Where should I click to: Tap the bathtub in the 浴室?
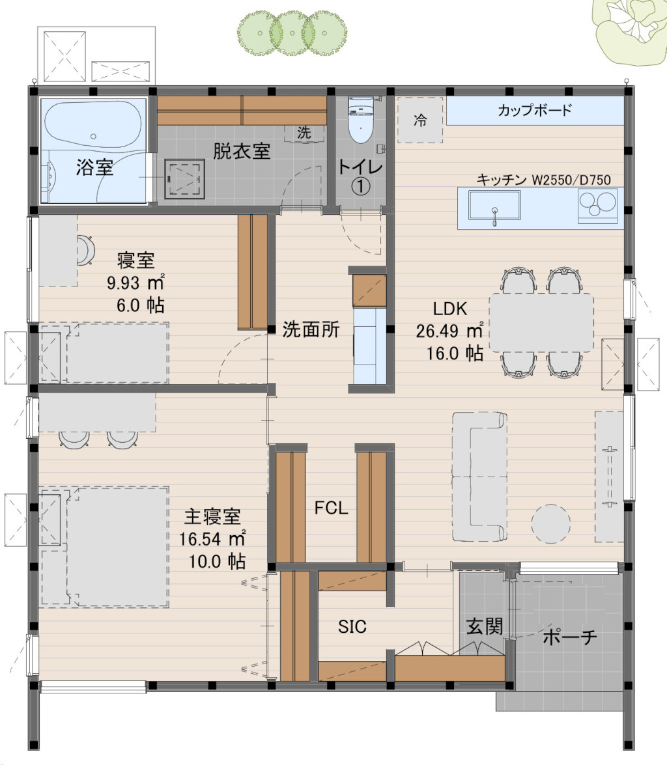(93, 124)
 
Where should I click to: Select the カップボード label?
(535, 110)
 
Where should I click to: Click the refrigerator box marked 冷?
(420, 120)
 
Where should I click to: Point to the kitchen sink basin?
(494, 206)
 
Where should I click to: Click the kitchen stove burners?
(597, 205)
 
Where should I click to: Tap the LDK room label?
(449, 309)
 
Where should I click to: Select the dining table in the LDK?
(541, 322)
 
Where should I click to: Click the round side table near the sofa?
(550, 524)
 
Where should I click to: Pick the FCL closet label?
(331, 508)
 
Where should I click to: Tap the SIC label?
(352, 626)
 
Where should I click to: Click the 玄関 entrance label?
(484, 626)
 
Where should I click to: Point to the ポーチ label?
(570, 637)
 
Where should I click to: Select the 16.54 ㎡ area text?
(212, 539)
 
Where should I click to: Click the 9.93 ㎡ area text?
(135, 283)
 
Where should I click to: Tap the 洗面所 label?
(311, 330)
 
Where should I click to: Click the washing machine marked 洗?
(304, 133)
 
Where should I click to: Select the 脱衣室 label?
(242, 151)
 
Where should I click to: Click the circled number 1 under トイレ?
(361, 186)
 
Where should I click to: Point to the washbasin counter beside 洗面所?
(369, 346)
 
